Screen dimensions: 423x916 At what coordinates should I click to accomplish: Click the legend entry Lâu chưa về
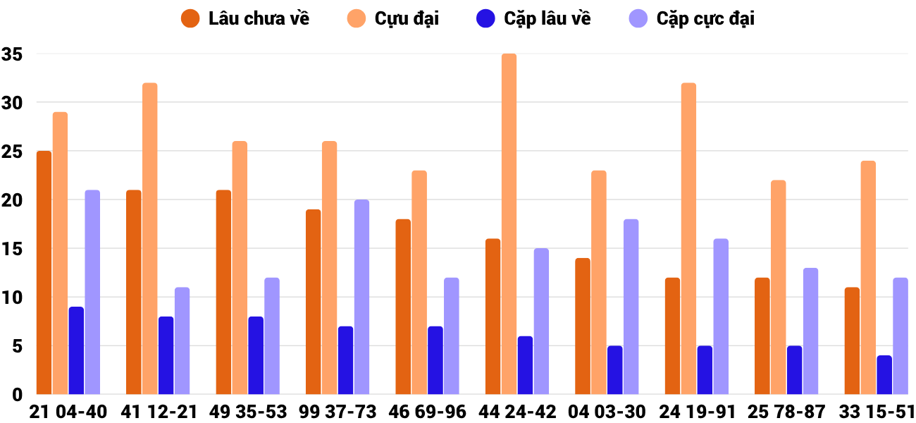point(245,18)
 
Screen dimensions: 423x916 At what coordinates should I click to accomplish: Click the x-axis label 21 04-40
point(68,412)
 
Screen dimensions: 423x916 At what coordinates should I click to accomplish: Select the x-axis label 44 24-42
point(517,412)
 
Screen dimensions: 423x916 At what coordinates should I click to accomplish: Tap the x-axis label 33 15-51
point(877,412)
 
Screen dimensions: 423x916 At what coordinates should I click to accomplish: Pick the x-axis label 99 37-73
point(338,412)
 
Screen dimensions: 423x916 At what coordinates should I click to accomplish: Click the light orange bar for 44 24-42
point(509,224)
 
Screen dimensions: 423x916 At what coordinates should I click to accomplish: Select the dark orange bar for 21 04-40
point(44,273)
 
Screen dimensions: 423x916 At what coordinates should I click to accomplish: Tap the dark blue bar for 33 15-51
point(884,375)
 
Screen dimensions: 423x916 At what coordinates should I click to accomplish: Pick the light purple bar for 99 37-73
point(361,297)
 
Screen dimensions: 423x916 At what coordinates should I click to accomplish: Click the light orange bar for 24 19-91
point(688,238)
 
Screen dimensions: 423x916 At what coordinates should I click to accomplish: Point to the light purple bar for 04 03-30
point(631,307)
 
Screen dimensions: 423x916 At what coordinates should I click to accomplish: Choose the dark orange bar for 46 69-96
point(403,307)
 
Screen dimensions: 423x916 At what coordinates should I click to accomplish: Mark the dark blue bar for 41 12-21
point(166,355)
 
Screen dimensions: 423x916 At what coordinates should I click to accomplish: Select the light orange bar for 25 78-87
point(778,287)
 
